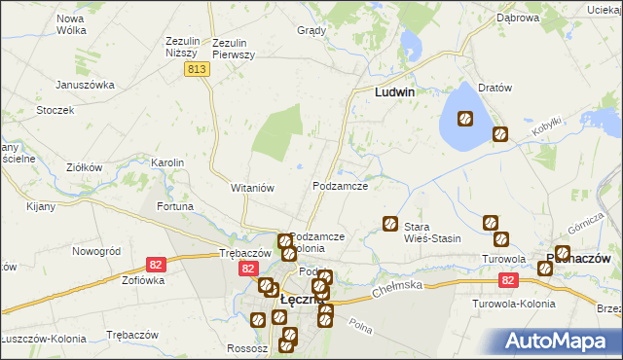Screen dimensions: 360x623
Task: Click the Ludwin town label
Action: pos(396,92)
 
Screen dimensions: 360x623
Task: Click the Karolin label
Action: pos(167,162)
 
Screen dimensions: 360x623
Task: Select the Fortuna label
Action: pos(175,206)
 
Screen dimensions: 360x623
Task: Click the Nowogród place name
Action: pos(95,250)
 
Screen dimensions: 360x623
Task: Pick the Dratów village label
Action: pos(495,88)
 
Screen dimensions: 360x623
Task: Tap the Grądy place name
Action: pos(311,30)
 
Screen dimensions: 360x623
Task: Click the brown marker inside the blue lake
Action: pos(464,119)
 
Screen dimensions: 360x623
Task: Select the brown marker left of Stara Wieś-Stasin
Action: pos(390,223)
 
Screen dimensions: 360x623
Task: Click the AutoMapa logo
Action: pos(561,341)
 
